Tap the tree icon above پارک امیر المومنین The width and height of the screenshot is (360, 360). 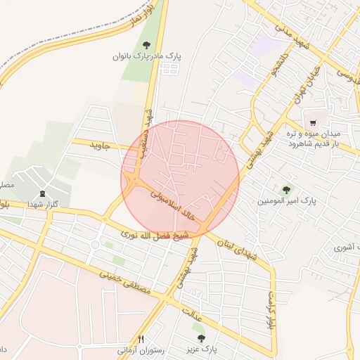click(286, 189)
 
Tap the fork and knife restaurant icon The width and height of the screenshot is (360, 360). click(141, 339)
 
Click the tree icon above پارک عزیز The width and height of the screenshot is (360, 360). click(202, 338)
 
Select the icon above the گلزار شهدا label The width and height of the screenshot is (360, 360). click(42, 194)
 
